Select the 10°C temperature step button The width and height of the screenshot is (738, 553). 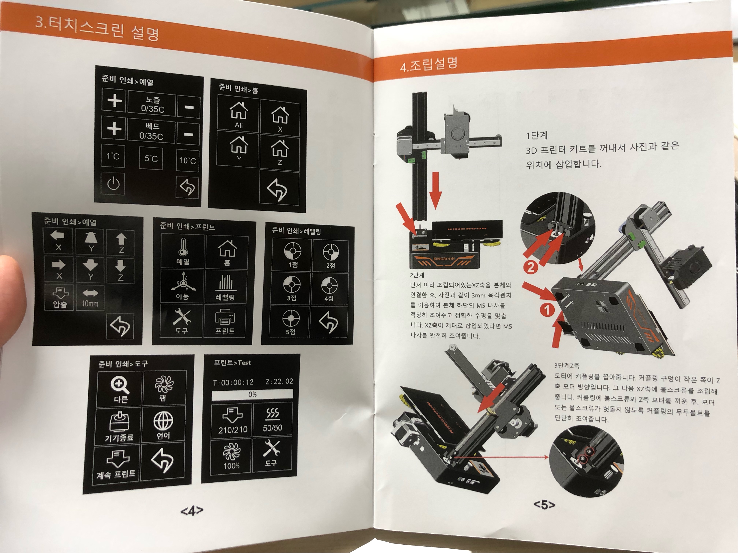point(187,160)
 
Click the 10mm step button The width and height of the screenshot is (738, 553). point(90,298)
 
